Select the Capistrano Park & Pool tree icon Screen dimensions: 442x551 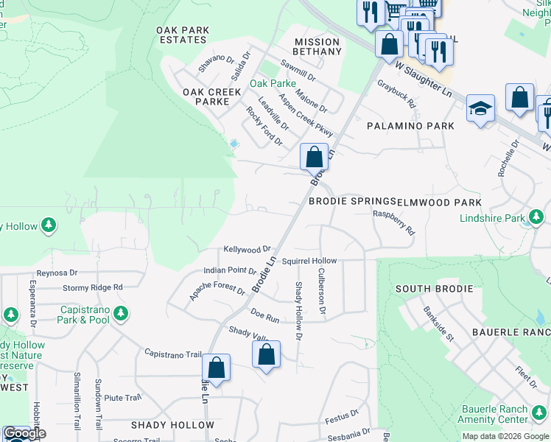(x=121, y=313)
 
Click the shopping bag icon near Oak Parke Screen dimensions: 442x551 (x=314, y=157)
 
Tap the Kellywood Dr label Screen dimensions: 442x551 (x=248, y=250)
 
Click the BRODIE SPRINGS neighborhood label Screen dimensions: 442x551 (x=352, y=201)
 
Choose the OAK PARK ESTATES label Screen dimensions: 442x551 (x=183, y=35)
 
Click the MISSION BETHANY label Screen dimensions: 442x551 (x=317, y=46)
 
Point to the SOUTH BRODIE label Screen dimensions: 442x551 (x=433, y=288)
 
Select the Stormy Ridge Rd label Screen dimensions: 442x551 (x=92, y=287)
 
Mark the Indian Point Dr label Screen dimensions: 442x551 (x=229, y=272)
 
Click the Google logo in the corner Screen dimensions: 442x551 (x=24, y=433)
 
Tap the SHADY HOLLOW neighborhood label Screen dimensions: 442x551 (x=172, y=425)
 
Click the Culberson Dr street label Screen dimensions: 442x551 (x=321, y=291)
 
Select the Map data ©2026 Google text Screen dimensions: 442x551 (x=505, y=436)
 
